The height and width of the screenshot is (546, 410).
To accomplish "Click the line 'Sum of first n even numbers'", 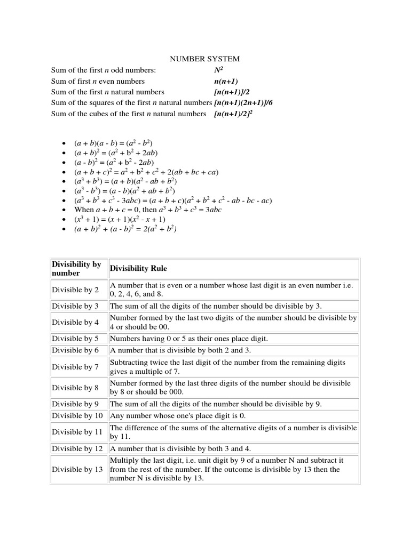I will click(98, 81).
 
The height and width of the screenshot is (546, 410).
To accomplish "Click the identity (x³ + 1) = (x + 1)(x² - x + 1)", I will click(120, 219).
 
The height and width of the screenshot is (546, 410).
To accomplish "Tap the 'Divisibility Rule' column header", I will click(138, 269).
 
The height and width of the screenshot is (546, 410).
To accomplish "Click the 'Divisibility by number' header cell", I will click(76, 269).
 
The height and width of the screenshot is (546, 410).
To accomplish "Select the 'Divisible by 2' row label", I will click(75, 290).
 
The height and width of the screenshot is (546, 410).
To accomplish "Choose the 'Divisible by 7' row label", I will click(75, 367).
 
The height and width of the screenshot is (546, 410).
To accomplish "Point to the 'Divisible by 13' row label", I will click(77, 469).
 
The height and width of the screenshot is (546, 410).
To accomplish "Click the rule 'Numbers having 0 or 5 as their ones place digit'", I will click(188, 339).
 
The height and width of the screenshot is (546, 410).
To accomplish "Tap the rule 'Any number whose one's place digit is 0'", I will click(177, 415).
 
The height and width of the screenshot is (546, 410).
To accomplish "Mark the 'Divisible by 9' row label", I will click(75, 404).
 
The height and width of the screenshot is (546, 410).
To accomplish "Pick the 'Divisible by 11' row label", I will click(77, 432).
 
